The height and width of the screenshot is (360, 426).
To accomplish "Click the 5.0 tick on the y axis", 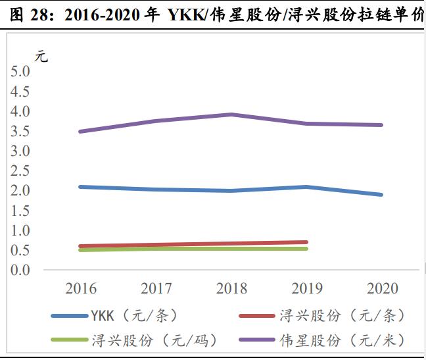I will (x=20, y=72).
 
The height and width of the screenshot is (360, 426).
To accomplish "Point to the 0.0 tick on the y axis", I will (x=20, y=270).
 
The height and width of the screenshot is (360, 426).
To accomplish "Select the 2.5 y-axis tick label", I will (x=20, y=170).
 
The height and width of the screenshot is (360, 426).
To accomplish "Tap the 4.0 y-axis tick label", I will (x=20, y=111).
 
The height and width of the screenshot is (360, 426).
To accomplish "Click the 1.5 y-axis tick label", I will (x=20, y=211).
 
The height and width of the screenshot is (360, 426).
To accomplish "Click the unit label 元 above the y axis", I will (x=41, y=57).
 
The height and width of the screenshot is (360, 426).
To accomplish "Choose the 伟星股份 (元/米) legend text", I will (x=342, y=341).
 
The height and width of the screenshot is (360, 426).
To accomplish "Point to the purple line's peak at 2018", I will (x=231, y=115).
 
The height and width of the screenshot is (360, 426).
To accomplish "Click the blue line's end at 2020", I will (x=382, y=195).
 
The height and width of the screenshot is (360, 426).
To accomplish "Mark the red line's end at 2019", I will (x=306, y=242).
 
